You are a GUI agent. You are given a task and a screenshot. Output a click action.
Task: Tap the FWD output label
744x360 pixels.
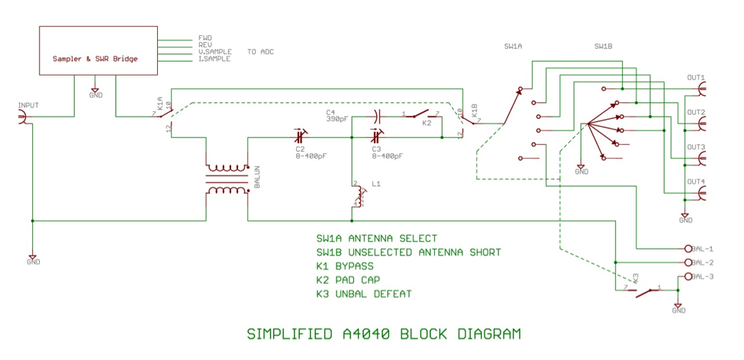click(205, 37)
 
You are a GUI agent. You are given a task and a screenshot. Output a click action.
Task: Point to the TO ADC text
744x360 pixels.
click(260, 52)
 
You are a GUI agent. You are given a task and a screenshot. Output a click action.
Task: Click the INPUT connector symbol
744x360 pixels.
click(23, 117)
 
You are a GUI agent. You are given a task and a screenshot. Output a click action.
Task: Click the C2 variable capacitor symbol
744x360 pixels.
click(301, 137)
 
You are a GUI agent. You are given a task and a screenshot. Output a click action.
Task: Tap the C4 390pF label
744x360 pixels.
click(337, 116)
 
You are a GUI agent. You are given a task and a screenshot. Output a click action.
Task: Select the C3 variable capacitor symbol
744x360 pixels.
click(375, 137)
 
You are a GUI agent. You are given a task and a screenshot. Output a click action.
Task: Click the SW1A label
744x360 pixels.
click(513, 47)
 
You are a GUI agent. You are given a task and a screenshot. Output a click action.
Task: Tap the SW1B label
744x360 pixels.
click(603, 47)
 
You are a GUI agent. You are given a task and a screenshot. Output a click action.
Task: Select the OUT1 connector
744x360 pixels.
click(701, 88)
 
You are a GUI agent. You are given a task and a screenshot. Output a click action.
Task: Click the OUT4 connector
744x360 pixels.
click(701, 193)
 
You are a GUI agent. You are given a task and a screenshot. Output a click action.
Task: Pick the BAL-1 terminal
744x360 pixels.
click(688, 249)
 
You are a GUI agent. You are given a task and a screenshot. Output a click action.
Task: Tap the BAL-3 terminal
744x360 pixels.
click(688, 276)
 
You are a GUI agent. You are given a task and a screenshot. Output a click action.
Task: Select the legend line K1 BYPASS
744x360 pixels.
click(345, 266)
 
